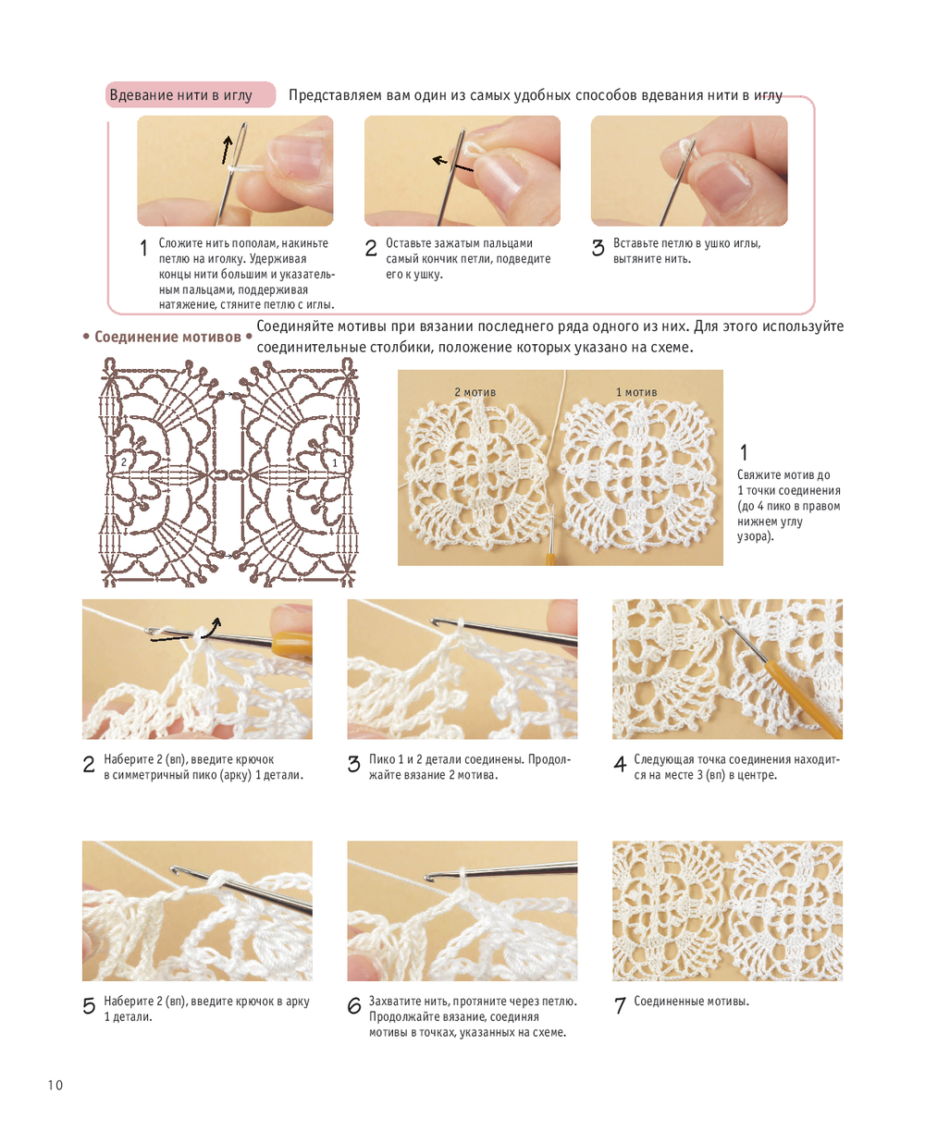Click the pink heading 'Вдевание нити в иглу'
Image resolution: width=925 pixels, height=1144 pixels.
[x=180, y=95]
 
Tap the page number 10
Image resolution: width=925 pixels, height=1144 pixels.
[x=55, y=1085]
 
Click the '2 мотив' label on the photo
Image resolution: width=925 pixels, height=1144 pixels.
[x=475, y=392]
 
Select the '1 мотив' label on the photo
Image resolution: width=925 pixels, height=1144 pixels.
[x=636, y=392]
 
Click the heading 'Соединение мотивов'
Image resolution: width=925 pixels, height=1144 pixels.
[x=167, y=337]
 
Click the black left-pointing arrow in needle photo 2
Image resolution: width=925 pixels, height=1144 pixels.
[x=452, y=165]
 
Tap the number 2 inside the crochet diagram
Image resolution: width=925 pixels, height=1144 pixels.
[x=124, y=461]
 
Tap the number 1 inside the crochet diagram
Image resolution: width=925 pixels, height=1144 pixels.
[x=335, y=462]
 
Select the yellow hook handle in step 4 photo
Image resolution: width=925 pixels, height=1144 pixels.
[x=802, y=697]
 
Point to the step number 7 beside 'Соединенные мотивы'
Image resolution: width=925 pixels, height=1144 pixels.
[x=620, y=1005]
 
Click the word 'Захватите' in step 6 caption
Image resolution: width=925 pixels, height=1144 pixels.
[x=394, y=1002]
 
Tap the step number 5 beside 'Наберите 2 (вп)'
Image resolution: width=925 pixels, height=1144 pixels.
[x=89, y=1005]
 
